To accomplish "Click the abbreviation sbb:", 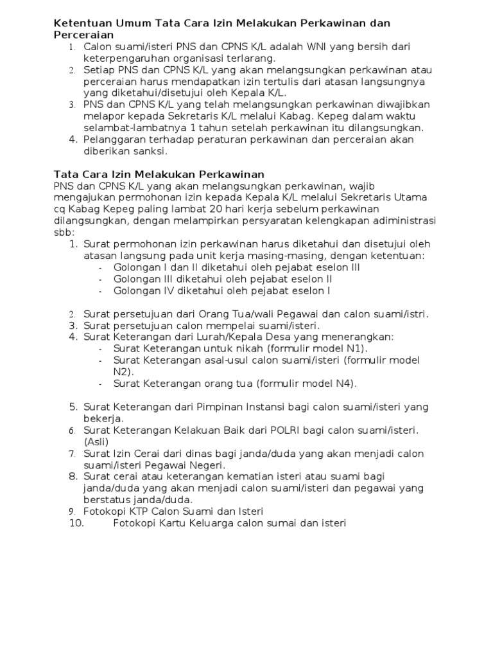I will tap(64, 232).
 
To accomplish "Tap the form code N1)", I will tap(352, 348).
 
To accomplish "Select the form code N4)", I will tap(341, 384).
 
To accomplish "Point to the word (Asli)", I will tap(96, 441).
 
